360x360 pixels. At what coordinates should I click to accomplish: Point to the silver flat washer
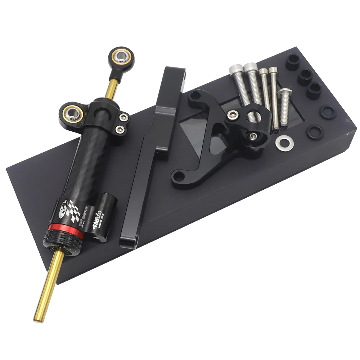[x=284, y=143]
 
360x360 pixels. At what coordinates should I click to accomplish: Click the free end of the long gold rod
[x=38, y=319]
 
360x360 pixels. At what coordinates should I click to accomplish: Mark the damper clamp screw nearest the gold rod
[x=125, y=117]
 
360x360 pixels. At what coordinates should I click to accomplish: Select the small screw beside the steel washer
[x=254, y=136]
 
